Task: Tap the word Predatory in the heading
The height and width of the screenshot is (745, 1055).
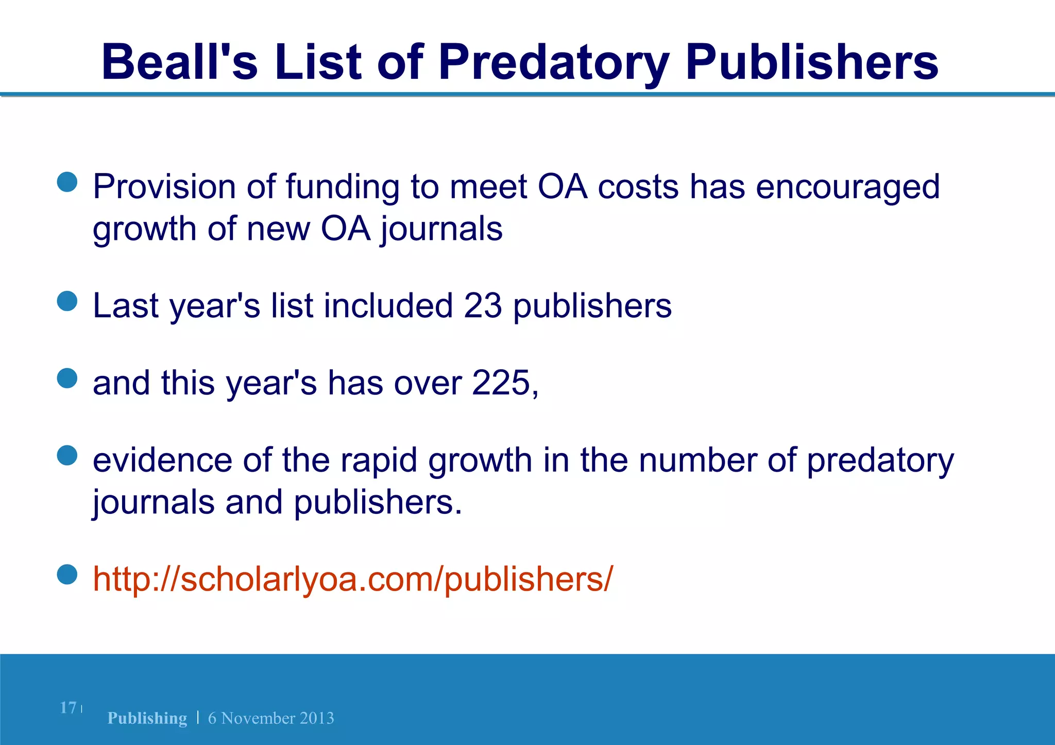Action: click(554, 63)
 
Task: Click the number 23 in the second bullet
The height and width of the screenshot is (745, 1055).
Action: click(483, 305)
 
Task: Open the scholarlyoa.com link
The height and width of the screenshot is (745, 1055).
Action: click(353, 579)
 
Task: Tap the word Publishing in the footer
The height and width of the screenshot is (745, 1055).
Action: click(147, 718)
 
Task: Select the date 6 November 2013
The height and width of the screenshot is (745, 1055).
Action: click(271, 718)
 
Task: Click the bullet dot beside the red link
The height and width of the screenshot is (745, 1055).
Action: click(67, 575)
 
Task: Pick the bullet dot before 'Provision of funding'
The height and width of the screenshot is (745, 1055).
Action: click(67, 182)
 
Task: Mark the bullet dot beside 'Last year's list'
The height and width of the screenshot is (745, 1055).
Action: click(67, 301)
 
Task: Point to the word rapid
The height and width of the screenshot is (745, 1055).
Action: click(379, 461)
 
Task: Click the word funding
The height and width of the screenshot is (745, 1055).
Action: click(343, 187)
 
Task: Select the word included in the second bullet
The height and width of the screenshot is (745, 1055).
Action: click(388, 305)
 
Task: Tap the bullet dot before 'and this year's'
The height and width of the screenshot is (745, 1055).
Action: click(67, 378)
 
